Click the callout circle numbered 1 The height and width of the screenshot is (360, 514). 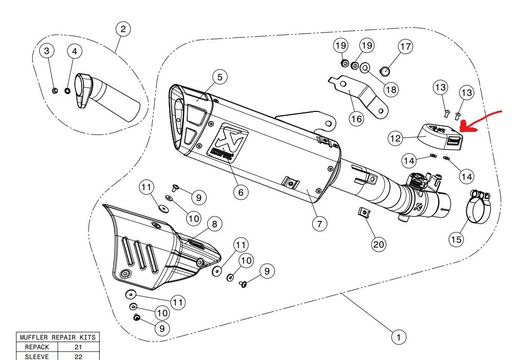click(398, 337)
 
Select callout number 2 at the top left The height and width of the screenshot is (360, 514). click(123, 29)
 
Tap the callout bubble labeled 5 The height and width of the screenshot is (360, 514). click(219, 77)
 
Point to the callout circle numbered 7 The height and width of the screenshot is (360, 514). click(319, 224)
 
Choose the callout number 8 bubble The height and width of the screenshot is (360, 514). click(214, 224)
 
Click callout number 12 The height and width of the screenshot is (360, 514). click(395, 138)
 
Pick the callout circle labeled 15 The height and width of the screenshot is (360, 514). click(456, 239)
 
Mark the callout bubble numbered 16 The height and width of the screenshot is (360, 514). click(357, 119)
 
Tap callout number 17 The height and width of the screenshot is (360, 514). click(405, 47)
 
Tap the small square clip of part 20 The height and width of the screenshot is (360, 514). click(362, 213)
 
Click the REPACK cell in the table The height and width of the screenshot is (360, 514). click(37, 347)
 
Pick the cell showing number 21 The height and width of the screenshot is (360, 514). click(78, 347)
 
